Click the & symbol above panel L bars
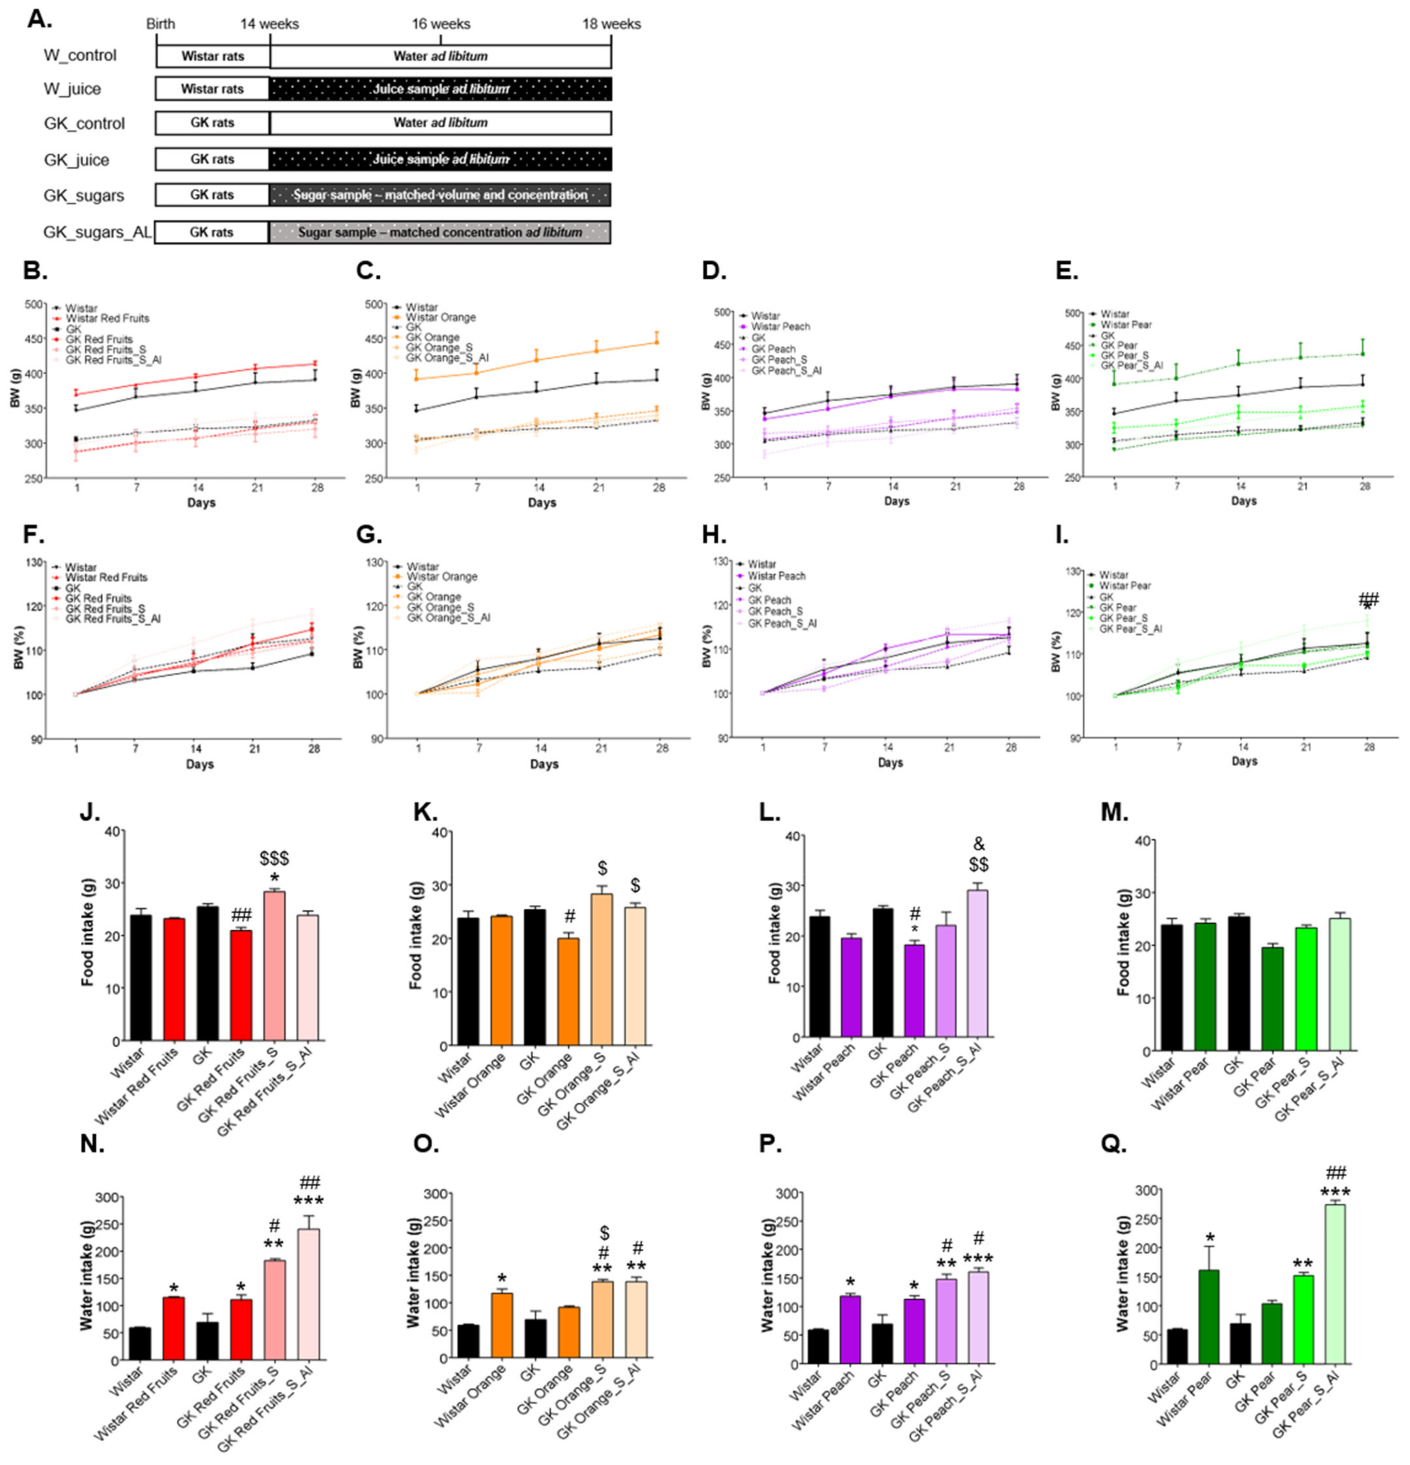[x=978, y=845]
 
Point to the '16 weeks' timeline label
[x=440, y=24]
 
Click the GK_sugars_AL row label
[x=97, y=233]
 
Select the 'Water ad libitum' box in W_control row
[x=440, y=56]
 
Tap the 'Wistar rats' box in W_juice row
[x=212, y=89]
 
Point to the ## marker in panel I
[x=1368, y=599]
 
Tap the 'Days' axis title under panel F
[x=199, y=764]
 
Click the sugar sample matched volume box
[x=440, y=195]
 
